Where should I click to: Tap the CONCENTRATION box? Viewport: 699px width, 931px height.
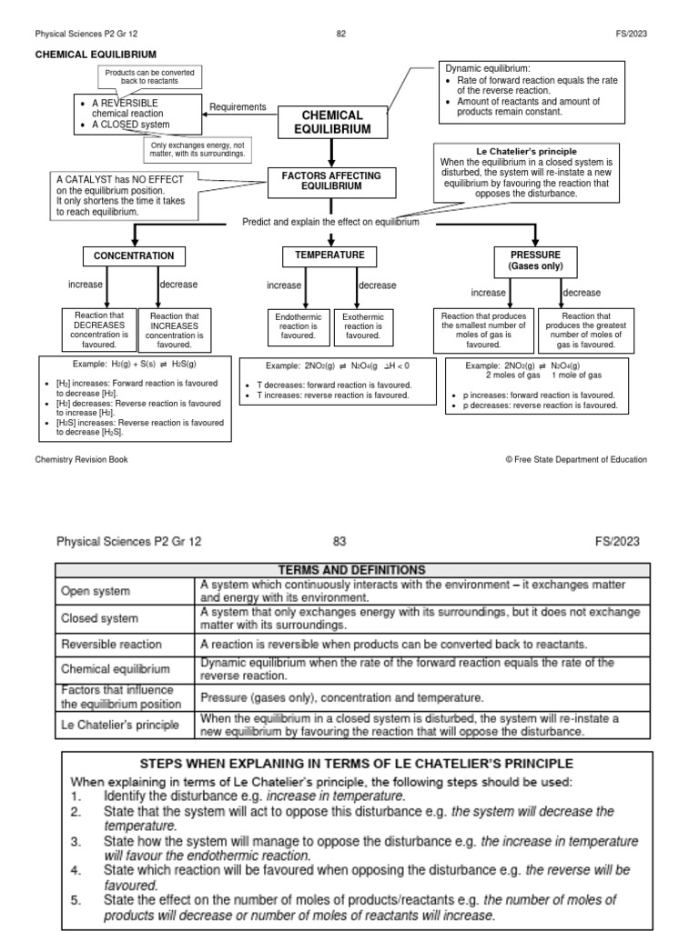click(x=134, y=256)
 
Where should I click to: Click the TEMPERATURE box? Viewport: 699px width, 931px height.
click(x=329, y=255)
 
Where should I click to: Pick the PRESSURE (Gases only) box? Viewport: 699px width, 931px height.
click(x=536, y=260)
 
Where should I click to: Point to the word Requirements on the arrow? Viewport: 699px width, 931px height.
click(x=238, y=107)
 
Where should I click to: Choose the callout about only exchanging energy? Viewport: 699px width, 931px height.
click(x=197, y=149)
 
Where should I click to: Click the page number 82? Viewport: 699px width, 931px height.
click(x=341, y=34)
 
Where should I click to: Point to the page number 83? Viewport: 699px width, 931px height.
click(x=340, y=542)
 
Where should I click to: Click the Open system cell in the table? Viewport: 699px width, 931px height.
click(x=125, y=591)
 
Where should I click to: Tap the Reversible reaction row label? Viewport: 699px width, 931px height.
click(x=125, y=644)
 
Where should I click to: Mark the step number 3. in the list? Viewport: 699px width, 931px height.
click(x=76, y=841)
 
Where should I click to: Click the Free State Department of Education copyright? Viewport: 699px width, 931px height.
click(x=576, y=459)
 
